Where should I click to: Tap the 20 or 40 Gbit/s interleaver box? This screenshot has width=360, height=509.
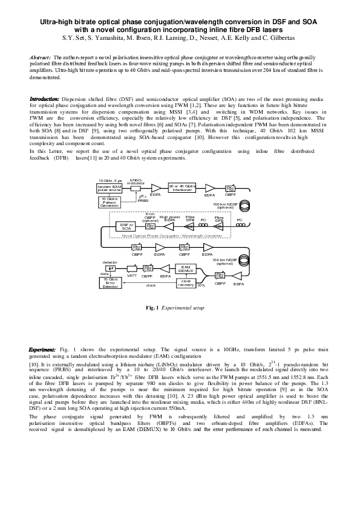[x=182, y=187]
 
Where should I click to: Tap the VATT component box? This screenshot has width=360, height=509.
[x=131, y=269]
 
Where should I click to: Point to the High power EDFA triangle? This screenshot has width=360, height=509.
[x=170, y=225]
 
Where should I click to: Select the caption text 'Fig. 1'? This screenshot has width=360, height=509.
[x=152, y=308]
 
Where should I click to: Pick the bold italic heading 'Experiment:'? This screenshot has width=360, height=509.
[x=44, y=351]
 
